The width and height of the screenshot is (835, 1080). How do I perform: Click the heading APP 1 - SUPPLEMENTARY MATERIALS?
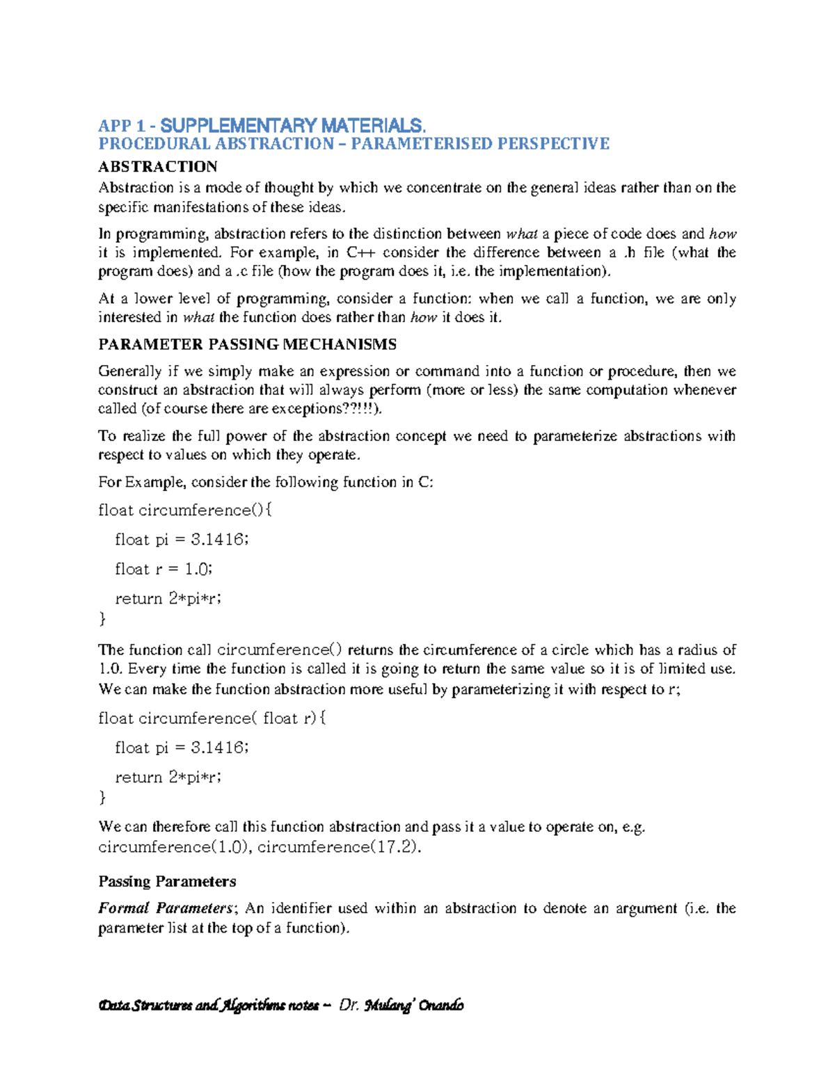pos(262,126)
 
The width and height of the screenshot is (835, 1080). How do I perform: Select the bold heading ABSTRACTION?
pos(158,166)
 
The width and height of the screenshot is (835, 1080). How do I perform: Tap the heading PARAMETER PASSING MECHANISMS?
pos(247,344)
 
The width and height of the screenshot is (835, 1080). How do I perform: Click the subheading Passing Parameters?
pos(167,881)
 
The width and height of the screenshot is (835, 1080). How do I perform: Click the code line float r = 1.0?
pos(164,569)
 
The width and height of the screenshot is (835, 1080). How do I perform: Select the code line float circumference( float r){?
pos(212,718)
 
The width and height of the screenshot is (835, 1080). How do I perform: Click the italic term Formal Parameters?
pos(166,908)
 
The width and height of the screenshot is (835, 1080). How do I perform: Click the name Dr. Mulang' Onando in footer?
pos(401,1006)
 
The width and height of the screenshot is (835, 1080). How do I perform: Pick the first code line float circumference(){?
pos(185,510)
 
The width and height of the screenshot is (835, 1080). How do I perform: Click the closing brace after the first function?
pos(103,618)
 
